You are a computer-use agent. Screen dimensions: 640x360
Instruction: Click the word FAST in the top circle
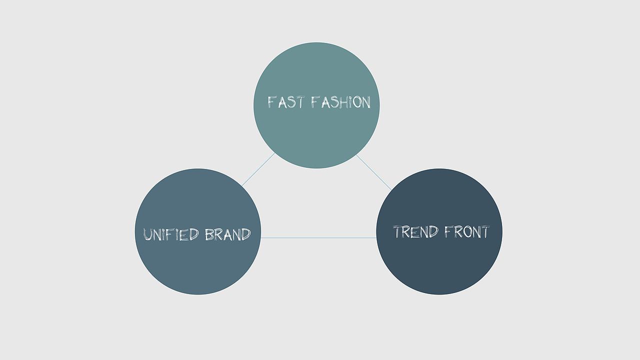[x=285, y=102]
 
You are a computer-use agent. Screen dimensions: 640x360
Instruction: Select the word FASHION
[x=341, y=102]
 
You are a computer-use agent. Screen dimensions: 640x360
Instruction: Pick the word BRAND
[x=227, y=234]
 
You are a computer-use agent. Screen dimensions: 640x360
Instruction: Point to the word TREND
[x=415, y=231]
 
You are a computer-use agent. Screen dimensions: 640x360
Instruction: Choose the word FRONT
[x=467, y=231]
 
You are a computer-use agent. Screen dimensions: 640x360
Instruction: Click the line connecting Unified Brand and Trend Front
[x=318, y=237]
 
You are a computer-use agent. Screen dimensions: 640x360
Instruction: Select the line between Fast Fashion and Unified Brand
[x=258, y=169]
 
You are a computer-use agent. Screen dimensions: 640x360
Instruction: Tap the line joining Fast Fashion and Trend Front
[x=373, y=172]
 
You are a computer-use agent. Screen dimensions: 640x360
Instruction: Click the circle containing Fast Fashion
[x=316, y=105]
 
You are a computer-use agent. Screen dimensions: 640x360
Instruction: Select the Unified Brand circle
[x=198, y=231]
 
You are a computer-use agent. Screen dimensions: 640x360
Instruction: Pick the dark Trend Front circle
[x=439, y=231]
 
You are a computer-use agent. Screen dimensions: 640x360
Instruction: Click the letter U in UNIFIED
[x=147, y=234]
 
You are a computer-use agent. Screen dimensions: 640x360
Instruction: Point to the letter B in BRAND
[x=209, y=234]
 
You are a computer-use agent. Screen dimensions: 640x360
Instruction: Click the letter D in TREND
[x=433, y=231]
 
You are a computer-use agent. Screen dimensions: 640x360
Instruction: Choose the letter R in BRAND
[x=218, y=234]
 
